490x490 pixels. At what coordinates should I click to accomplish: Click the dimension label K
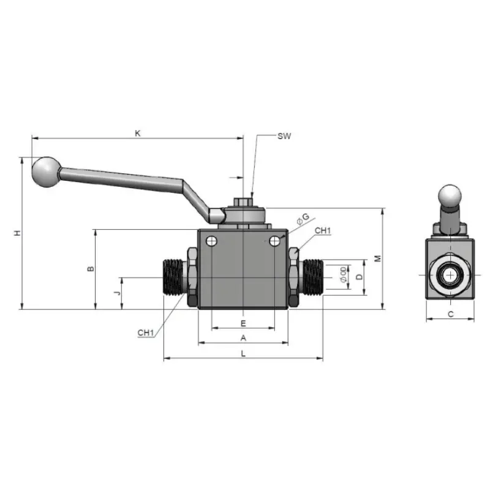pyautogui.click(x=137, y=134)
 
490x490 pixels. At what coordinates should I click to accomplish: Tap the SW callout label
pyautogui.click(x=284, y=136)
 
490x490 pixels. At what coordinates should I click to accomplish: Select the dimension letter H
pyautogui.click(x=18, y=233)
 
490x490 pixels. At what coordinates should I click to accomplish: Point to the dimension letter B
pyautogui.click(x=91, y=269)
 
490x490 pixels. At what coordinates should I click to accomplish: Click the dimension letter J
pyautogui.click(x=117, y=293)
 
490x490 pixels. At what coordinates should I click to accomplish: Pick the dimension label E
pyautogui.click(x=243, y=323)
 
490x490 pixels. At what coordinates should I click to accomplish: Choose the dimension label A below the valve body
pyautogui.click(x=243, y=338)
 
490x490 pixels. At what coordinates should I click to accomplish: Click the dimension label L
pyautogui.click(x=243, y=354)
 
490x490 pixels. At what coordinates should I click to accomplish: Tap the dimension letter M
pyautogui.click(x=378, y=258)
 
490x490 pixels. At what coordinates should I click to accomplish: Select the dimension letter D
pyautogui.click(x=360, y=277)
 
